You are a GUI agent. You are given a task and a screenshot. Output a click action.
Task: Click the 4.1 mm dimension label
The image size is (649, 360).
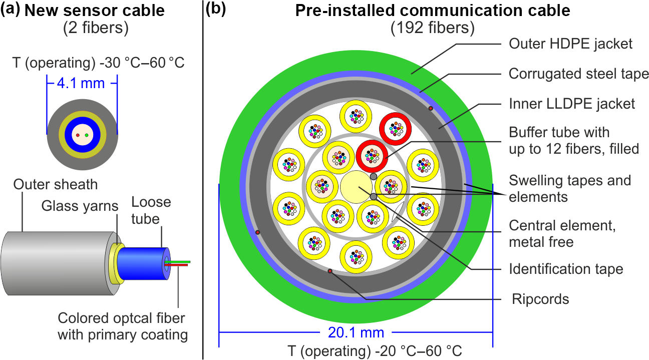[82, 83]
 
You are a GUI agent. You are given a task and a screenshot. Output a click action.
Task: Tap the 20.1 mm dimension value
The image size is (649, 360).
[356, 332]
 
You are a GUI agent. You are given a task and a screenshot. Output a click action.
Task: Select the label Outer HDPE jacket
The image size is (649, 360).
[570, 44]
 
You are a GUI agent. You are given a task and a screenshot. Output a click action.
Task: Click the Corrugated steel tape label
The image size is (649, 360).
[578, 74]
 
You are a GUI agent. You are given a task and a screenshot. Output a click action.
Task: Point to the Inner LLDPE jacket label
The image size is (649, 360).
[572, 104]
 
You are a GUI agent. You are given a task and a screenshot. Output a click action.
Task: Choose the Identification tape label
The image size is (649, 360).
[566, 269]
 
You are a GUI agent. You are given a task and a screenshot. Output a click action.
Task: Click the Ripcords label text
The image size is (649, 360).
[540, 299]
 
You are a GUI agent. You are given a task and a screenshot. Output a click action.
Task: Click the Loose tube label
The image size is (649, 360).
[151, 210]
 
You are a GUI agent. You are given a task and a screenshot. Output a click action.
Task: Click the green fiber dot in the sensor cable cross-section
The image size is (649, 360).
[87, 135]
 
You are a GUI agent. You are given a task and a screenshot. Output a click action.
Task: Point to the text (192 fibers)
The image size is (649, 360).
[432, 29]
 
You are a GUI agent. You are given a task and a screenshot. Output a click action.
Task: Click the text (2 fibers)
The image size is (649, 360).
[96, 29]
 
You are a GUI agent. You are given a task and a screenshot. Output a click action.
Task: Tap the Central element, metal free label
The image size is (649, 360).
[562, 234]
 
